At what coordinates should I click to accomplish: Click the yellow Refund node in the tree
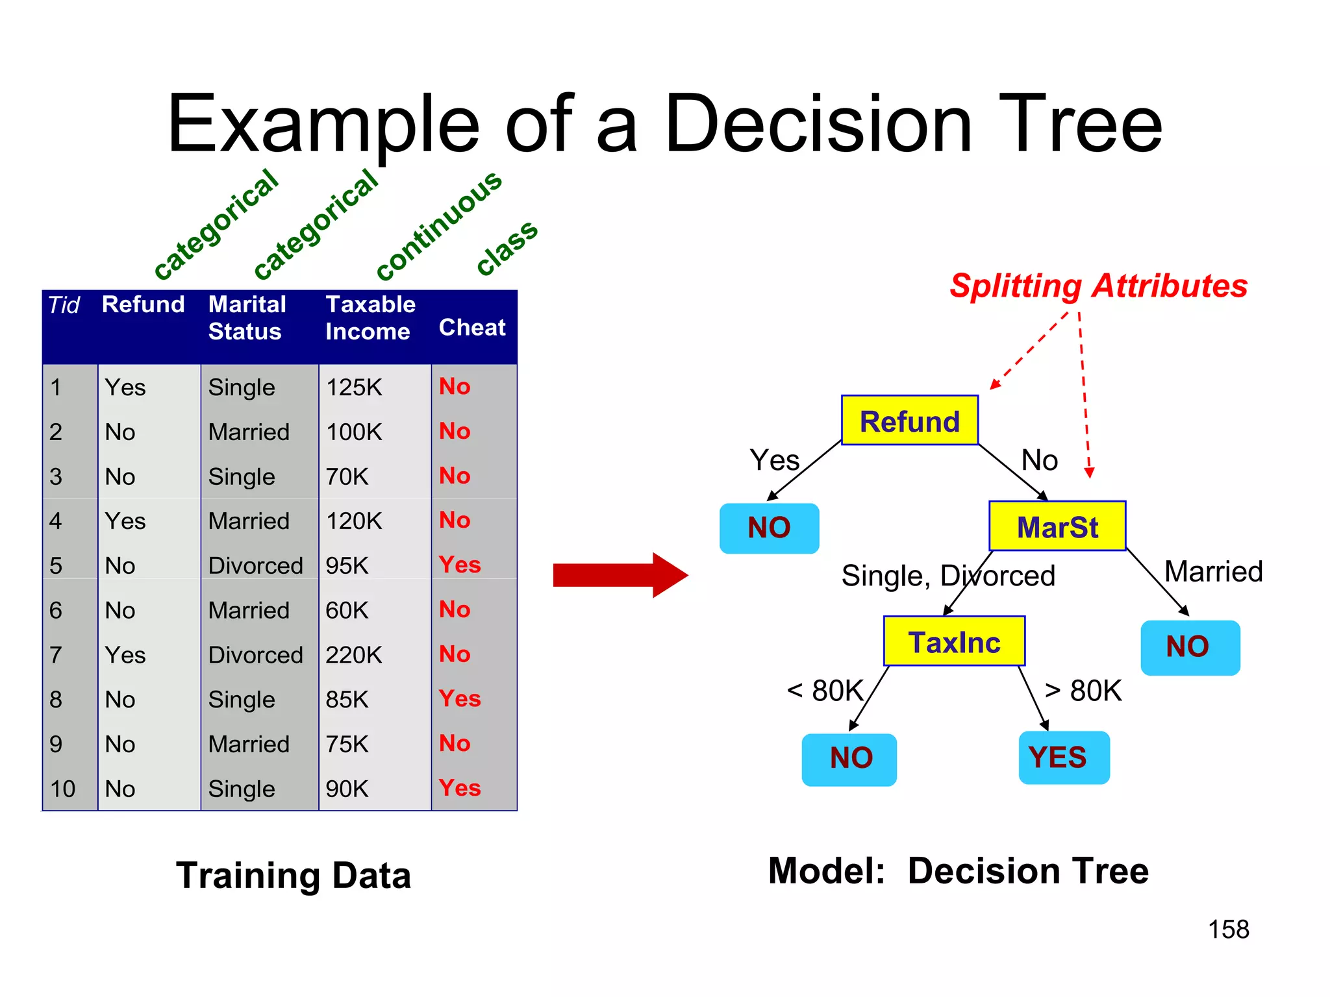909,421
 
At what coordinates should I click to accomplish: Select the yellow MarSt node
1057,526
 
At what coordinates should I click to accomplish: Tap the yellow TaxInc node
954,642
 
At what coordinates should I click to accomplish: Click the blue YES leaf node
1063,757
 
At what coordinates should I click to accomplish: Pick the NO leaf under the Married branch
1190,647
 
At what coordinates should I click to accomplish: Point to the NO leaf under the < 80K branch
849,759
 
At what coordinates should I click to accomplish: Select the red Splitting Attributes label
1098,286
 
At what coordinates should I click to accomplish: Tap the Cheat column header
472,327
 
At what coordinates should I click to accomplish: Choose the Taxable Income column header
370,317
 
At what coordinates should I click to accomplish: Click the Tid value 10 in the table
63,789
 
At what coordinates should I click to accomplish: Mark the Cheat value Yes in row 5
460,565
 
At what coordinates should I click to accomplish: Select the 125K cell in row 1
354,388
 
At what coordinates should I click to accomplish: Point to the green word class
507,247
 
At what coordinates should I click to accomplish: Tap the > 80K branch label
1083,691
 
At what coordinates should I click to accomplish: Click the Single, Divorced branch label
948,576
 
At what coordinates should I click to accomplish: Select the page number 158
1228,929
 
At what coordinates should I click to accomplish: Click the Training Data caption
294,875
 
